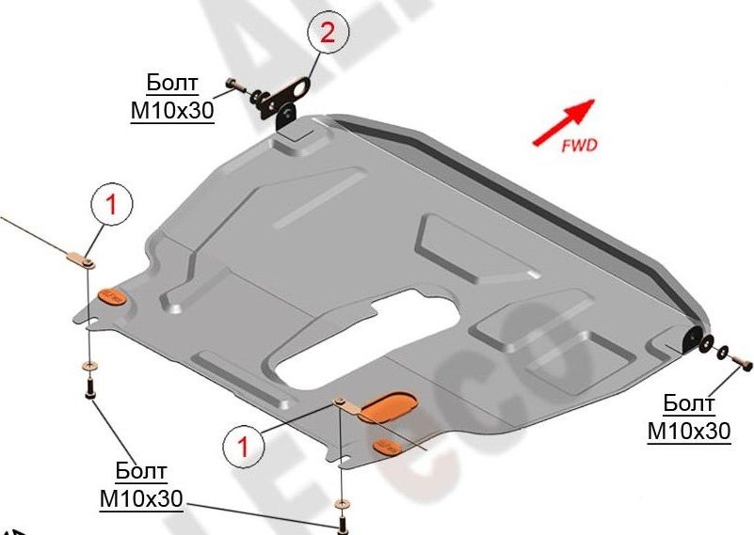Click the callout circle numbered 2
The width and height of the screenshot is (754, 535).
pyautogui.click(x=327, y=34)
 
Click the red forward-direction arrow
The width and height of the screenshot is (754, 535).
pyautogui.click(x=563, y=122)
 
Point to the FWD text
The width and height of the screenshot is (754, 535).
pyautogui.click(x=579, y=145)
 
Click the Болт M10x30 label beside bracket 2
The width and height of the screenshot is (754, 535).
pyautogui.click(x=171, y=96)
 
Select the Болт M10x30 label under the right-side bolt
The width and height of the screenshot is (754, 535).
pyautogui.click(x=688, y=417)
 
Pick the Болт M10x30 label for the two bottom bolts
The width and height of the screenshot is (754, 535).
pyautogui.click(x=141, y=483)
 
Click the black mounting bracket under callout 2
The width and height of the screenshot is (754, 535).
pyautogui.click(x=286, y=102)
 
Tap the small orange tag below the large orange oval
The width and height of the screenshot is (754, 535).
pyautogui.click(x=390, y=443)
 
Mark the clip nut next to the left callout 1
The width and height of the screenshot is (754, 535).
pyautogui.click(x=81, y=258)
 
